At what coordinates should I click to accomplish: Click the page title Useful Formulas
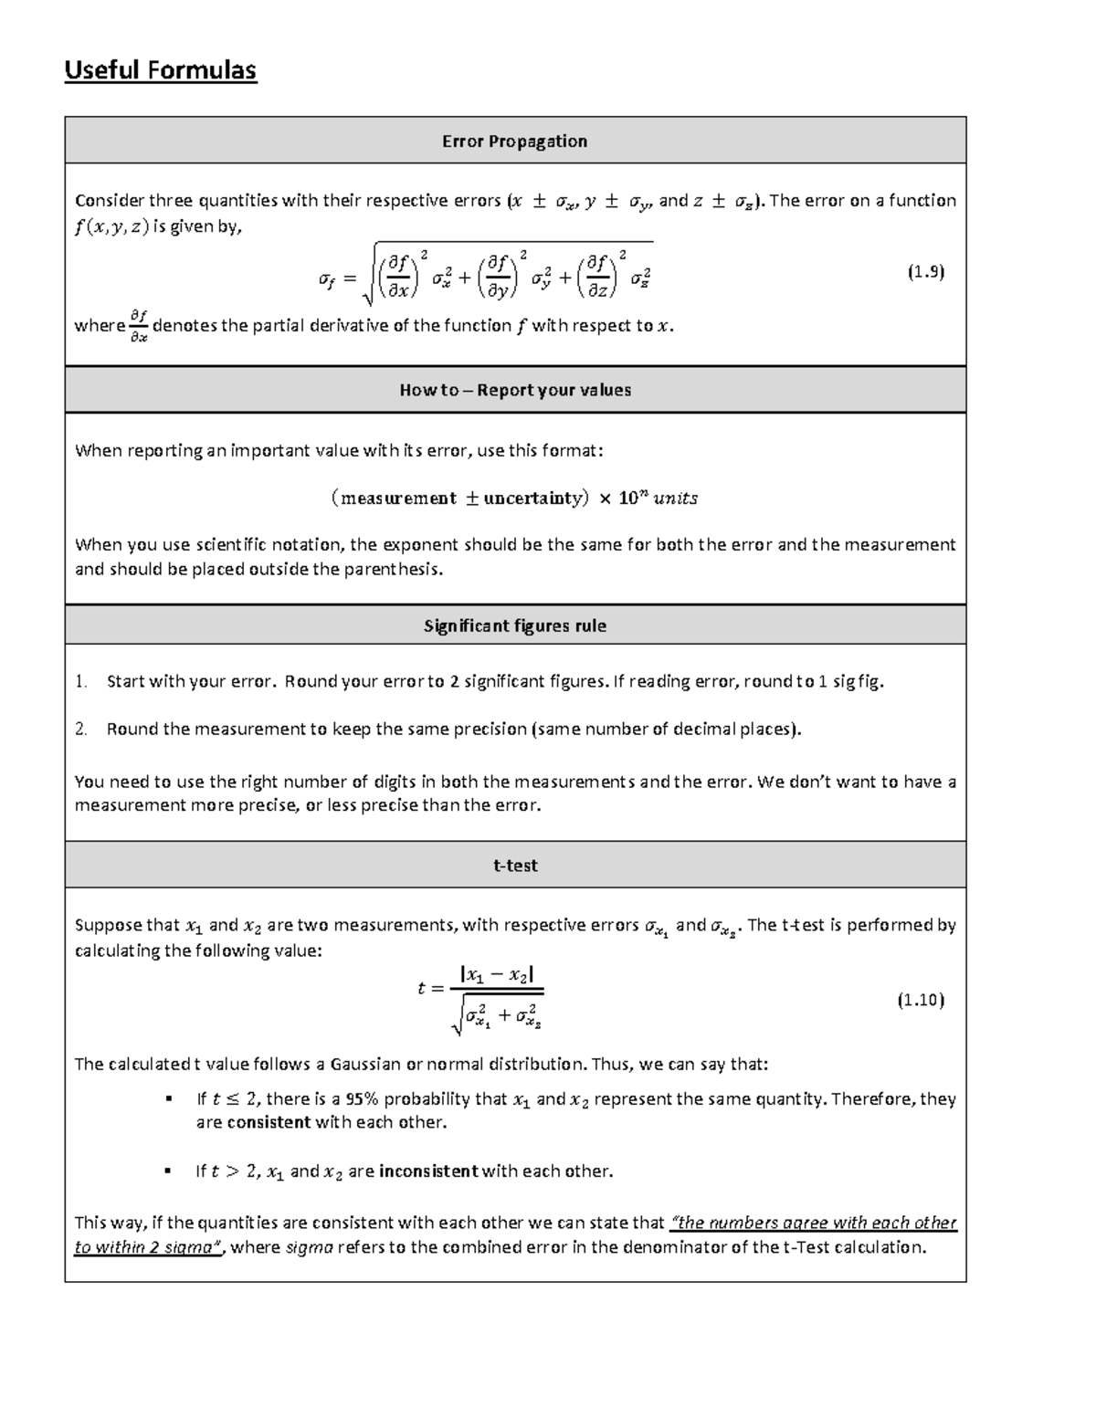160,70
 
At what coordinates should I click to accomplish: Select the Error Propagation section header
514,141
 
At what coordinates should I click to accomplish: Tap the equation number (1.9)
924,272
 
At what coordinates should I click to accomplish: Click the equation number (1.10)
920,1000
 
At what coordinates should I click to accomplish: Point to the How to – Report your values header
515,390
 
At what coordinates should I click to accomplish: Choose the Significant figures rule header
515,625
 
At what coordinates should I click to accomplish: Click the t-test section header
515,865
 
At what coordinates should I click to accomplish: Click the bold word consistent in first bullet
269,1122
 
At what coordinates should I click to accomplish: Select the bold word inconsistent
427,1171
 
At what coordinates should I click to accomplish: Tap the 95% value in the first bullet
363,1099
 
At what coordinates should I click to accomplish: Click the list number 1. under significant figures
81,681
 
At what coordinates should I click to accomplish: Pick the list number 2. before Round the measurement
81,729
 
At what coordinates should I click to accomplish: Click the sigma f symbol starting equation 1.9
326,281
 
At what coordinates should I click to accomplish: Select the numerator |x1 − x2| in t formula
497,974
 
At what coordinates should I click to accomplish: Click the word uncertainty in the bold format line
532,499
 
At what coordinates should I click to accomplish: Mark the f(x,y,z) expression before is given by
111,228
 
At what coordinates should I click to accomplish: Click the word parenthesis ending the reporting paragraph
398,569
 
